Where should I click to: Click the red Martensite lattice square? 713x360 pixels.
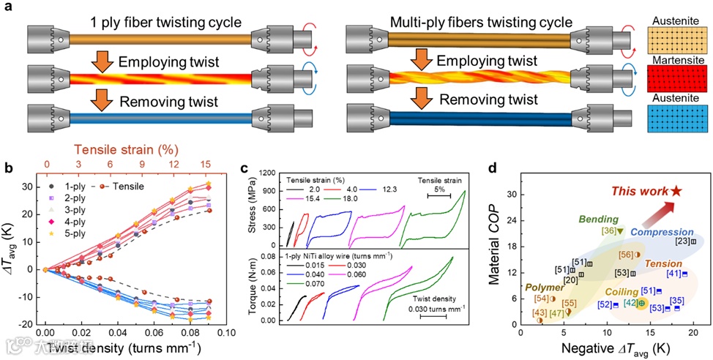point(676,75)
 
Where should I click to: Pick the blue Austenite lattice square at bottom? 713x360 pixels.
point(676,118)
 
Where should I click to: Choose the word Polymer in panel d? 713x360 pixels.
point(545,288)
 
